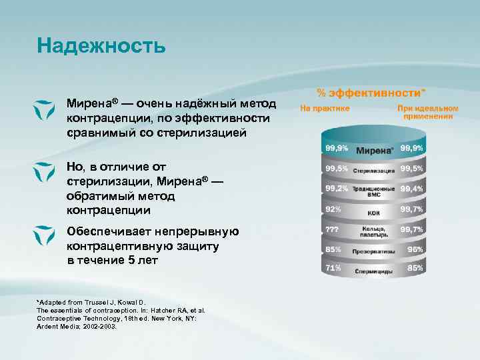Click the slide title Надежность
(x=101, y=45)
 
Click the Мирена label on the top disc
(x=374, y=150)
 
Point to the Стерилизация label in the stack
(x=373, y=171)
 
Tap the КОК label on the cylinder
(x=373, y=213)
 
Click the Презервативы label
(x=373, y=252)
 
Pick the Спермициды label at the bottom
(x=373, y=271)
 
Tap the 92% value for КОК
(x=333, y=209)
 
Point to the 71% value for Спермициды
(x=333, y=267)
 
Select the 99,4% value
(x=412, y=189)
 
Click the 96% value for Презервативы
(x=415, y=249)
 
